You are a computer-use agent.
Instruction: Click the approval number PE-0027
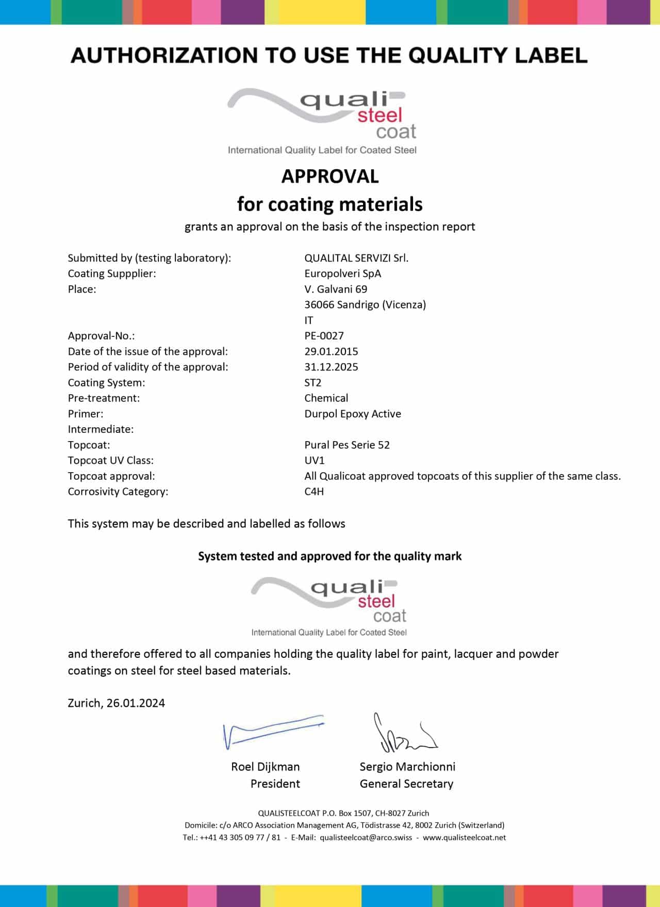[324, 336]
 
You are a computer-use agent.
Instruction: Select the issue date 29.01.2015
[331, 351]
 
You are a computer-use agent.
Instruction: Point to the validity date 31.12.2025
[331, 367]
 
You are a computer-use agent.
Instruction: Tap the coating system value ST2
[312, 382]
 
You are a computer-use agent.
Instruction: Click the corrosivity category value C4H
[314, 491]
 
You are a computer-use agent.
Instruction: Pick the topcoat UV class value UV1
[314, 460]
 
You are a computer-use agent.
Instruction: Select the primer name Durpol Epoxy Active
[353, 414]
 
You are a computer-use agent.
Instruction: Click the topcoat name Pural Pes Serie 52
[347, 445]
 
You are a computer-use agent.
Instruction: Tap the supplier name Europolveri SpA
[343, 273]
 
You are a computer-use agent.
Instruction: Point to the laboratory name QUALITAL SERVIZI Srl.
[356, 258]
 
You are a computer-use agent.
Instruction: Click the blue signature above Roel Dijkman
[273, 731]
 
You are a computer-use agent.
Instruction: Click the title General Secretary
[406, 784]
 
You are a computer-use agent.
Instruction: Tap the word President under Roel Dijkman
[275, 784]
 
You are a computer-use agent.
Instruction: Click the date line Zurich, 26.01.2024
[117, 703]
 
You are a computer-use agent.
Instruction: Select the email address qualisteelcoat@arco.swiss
[366, 837]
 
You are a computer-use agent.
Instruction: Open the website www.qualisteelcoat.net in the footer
[464, 837]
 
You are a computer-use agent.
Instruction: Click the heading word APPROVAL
[330, 176]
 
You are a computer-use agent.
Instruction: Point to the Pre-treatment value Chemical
[326, 398]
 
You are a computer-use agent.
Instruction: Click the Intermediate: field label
[101, 429]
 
